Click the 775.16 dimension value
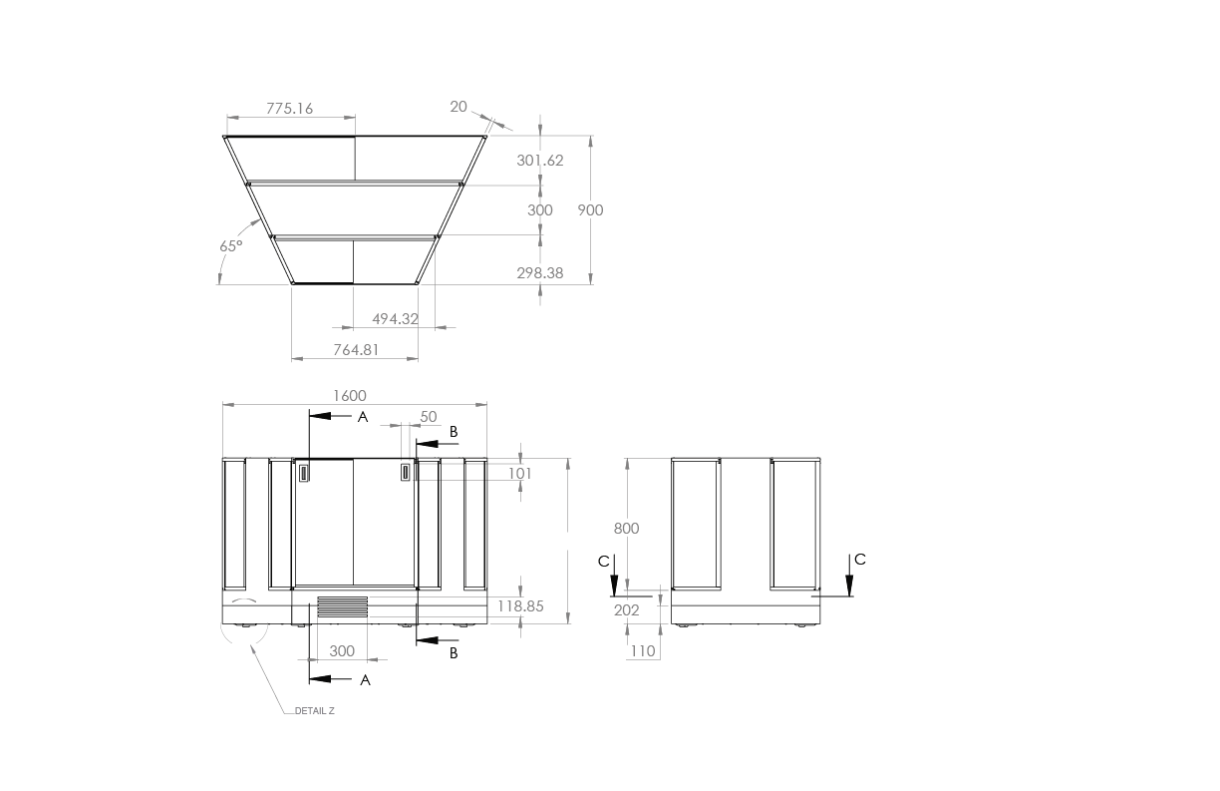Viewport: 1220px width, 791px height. coord(289,109)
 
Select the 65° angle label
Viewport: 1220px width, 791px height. coord(230,246)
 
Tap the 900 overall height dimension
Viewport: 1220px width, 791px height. coord(590,209)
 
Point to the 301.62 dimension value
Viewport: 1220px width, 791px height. coord(540,161)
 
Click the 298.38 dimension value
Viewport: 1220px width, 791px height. coord(540,272)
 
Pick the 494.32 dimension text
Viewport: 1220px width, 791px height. coord(395,319)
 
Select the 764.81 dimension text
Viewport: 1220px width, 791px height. coord(356,349)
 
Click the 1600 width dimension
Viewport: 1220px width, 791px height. coord(350,396)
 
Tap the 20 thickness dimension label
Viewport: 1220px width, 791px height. coord(458,107)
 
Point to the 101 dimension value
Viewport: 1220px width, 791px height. coord(520,473)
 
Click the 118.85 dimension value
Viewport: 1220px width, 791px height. coord(520,606)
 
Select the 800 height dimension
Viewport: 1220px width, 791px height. coord(626,529)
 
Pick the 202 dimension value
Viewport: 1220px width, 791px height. coord(626,610)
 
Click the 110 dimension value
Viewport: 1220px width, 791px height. coord(643,651)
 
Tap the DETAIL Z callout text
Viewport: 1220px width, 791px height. coord(315,711)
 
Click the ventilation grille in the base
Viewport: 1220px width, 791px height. coord(343,606)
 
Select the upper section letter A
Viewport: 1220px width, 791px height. coord(363,417)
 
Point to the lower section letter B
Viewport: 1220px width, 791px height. coord(454,653)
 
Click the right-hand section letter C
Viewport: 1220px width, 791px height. coord(860,560)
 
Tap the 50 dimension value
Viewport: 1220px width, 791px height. coord(429,417)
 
